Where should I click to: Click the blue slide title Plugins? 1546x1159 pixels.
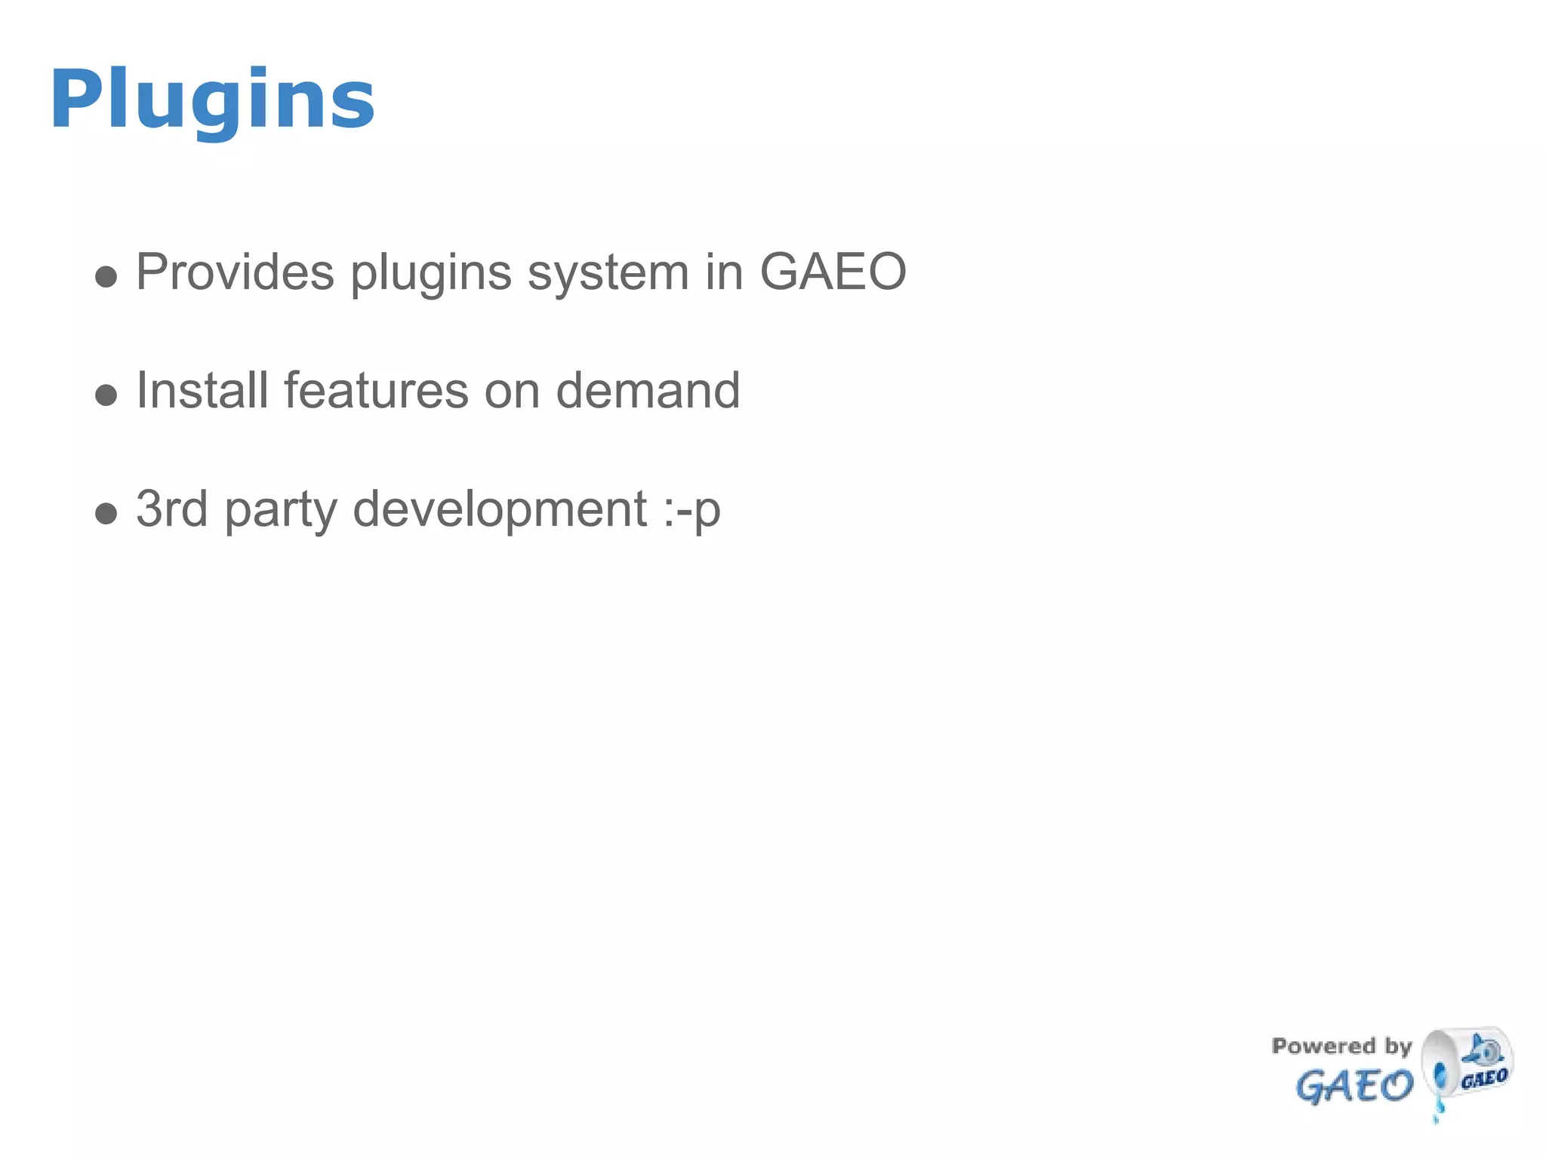coord(212,100)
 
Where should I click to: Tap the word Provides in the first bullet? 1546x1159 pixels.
coord(235,272)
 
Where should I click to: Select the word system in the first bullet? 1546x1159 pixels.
coord(608,273)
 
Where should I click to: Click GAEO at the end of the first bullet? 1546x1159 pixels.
coord(833,272)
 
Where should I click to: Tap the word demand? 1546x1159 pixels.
coord(648,391)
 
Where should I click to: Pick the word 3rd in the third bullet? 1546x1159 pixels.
coord(172,509)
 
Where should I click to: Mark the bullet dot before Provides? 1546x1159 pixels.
coord(106,277)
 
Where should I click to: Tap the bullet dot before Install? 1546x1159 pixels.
coord(106,395)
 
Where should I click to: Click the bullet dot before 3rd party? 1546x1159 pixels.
coord(106,514)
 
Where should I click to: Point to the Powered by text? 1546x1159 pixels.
coord(1341,1047)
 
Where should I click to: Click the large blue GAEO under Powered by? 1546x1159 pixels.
coord(1354,1087)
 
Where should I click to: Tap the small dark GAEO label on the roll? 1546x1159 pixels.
coord(1484,1078)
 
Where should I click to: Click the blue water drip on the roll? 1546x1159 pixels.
coord(1440,1087)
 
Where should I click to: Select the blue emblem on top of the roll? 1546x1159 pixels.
coord(1483,1050)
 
